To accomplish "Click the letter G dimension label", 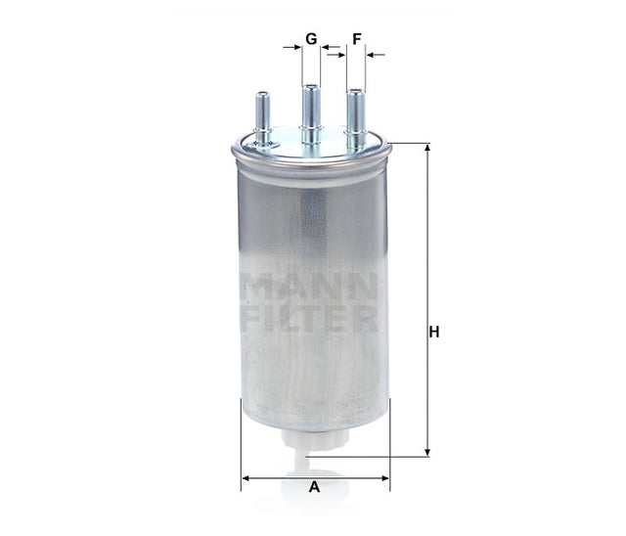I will coord(311,39).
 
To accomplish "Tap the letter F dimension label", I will coord(357,39).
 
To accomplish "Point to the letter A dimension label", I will coord(314,487).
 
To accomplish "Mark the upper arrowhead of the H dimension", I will coord(426,150).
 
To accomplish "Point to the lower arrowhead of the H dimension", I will coord(426,450).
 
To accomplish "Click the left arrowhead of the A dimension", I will coord(246,477).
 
